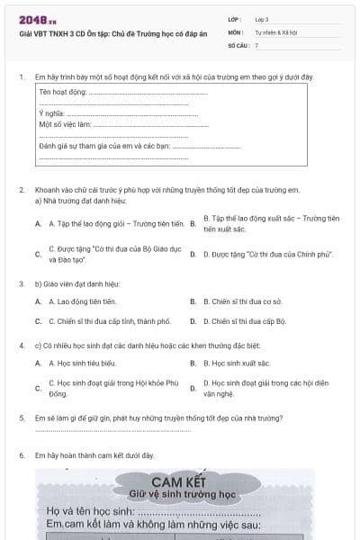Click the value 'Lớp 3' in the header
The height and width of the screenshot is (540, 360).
tap(261, 18)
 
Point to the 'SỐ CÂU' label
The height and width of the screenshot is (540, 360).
tap(237, 43)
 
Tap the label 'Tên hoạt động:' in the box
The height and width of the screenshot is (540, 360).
tap(63, 91)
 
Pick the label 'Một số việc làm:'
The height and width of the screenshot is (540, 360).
tap(65, 124)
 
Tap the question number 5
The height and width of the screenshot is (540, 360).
tap(21, 418)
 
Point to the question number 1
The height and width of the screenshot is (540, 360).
tap(21, 76)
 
